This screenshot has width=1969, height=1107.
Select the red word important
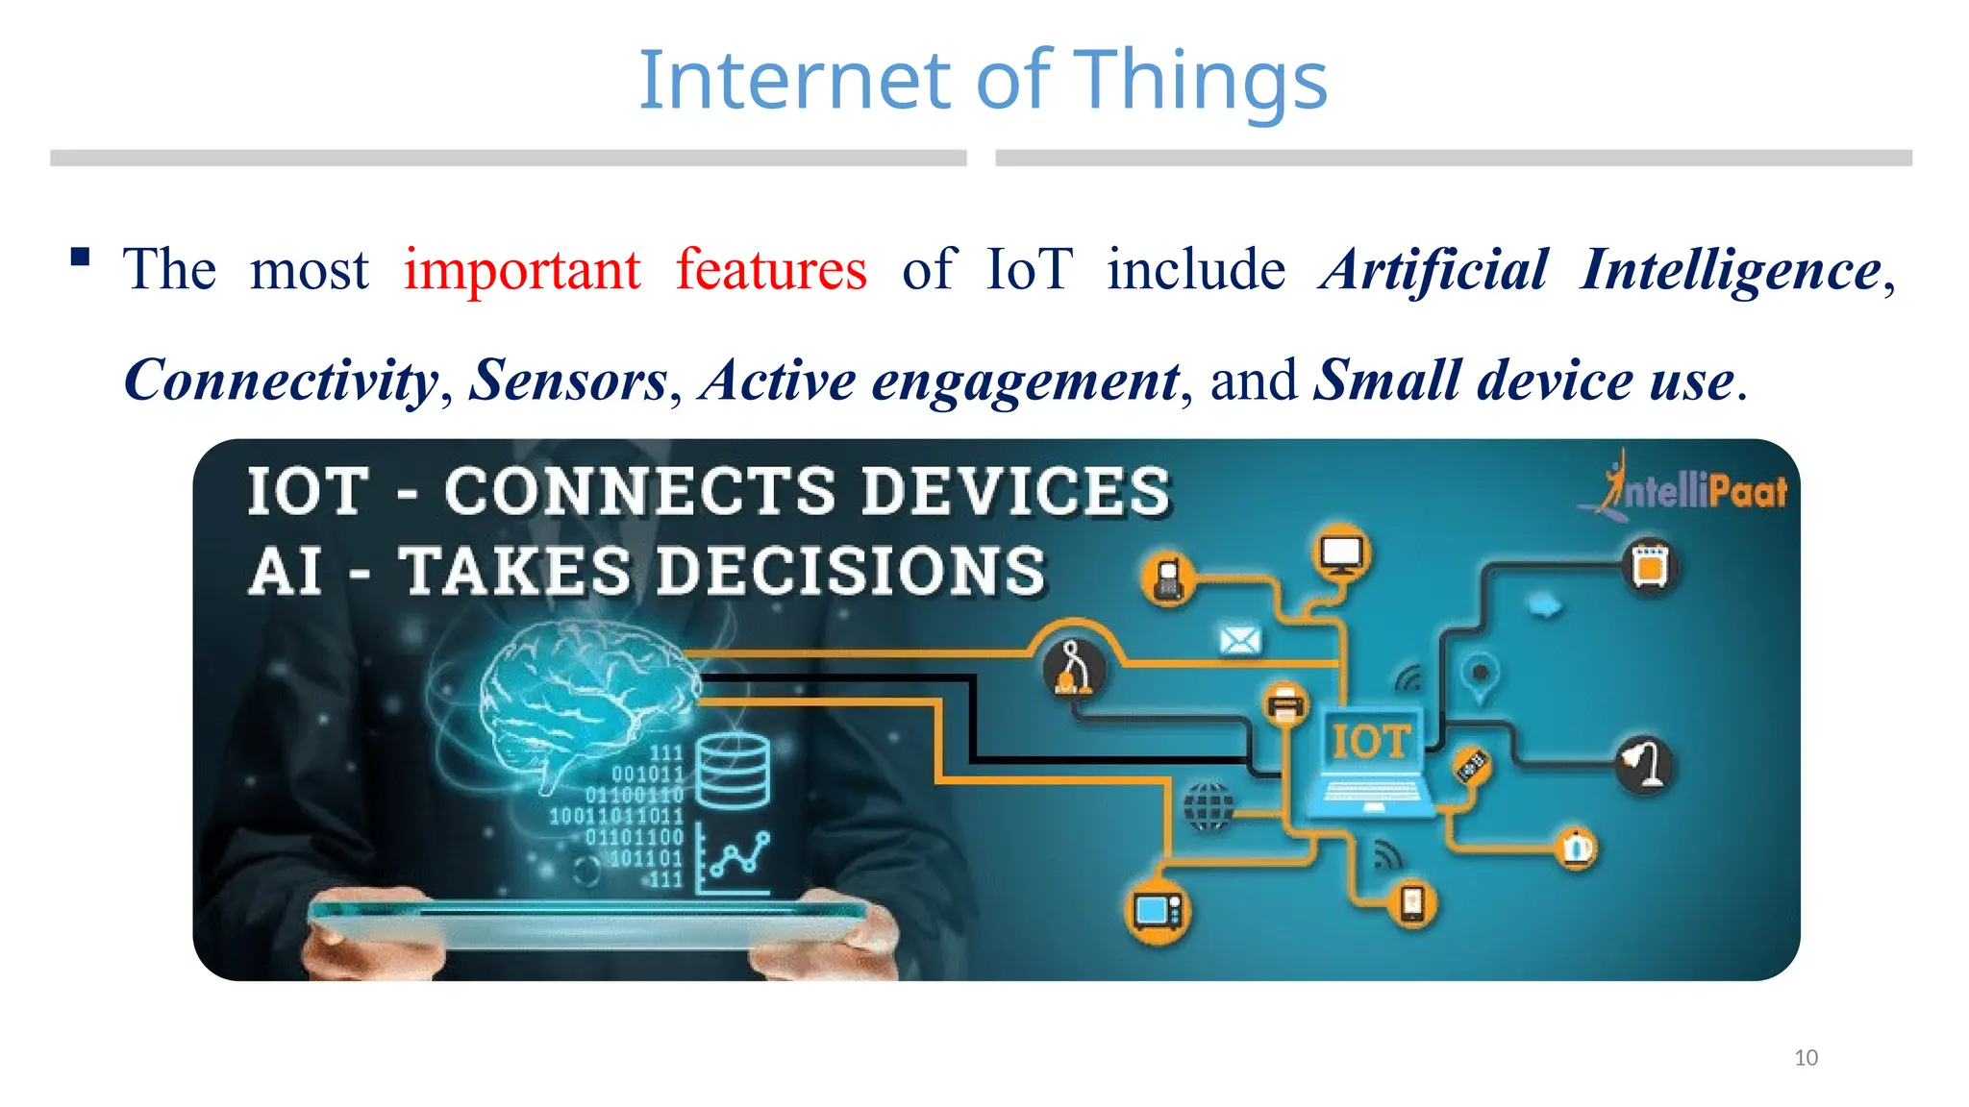[x=522, y=270]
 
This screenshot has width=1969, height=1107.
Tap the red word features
[x=771, y=270]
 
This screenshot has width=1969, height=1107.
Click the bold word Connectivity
[x=281, y=381]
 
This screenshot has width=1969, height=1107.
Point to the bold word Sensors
[x=568, y=381]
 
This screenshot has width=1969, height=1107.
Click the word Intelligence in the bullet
[x=1731, y=270]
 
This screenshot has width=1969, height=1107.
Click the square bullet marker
[x=81, y=257]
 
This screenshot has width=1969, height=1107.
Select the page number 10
[x=1806, y=1058]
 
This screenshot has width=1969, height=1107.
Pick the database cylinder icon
[x=733, y=772]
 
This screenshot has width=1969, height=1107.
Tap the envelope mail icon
[x=1240, y=639]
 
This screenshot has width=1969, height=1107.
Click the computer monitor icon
[x=1341, y=554]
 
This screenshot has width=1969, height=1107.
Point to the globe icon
[x=1208, y=805]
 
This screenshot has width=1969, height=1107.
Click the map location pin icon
[x=1481, y=676]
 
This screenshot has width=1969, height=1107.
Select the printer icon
[x=1285, y=705]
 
